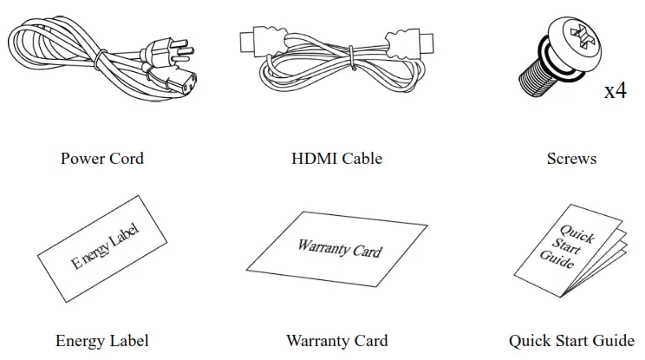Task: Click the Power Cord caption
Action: (101, 159)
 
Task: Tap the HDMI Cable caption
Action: (336, 159)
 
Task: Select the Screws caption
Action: (571, 159)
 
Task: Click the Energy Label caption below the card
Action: (101, 341)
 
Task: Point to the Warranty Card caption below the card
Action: (336, 341)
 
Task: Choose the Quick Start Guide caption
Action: (571, 341)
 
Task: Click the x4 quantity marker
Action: (615, 90)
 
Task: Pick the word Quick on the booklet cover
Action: (577, 234)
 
